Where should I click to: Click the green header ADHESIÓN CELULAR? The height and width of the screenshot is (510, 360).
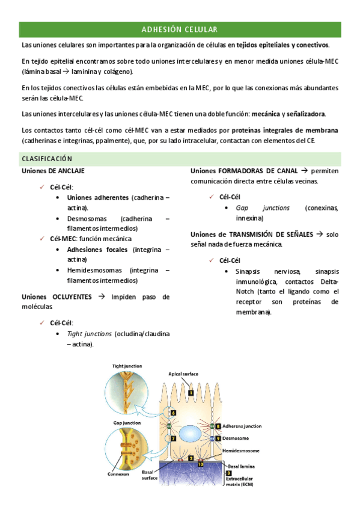coord(180,29)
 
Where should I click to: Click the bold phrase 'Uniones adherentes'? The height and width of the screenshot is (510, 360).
coord(98,197)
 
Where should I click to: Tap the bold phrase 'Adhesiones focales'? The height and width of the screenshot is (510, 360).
coord(97,249)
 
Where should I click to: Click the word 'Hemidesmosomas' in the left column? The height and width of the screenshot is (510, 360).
coord(95,270)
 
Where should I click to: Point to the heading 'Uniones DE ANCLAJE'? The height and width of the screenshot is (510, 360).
coord(53,171)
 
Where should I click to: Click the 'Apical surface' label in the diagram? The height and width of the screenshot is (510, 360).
coord(184,373)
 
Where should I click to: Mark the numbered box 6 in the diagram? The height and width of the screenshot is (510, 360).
coord(173,413)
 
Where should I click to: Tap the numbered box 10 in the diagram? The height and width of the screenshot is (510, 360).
coord(200,464)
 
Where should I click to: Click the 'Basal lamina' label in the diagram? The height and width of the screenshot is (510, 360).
coord(243,465)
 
